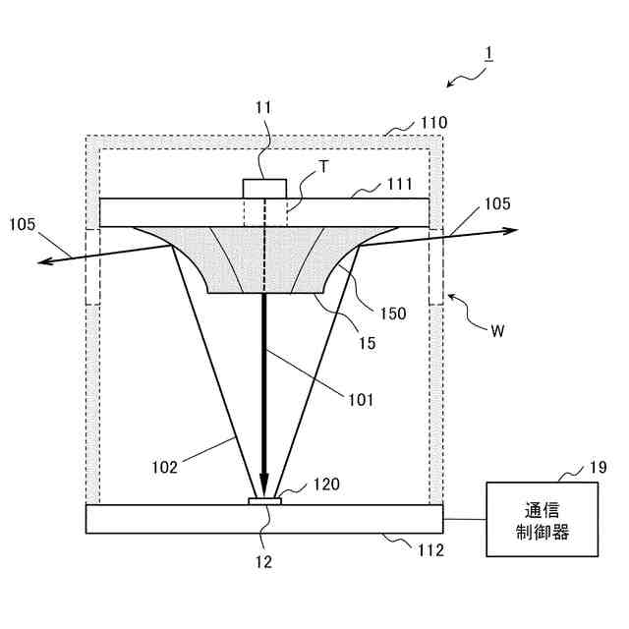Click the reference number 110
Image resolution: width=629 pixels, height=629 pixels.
432,123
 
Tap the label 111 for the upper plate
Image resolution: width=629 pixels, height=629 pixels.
398,184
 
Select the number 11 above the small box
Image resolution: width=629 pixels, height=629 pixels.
263,106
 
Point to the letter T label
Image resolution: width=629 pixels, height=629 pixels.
323,168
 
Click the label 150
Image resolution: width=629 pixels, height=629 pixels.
392,313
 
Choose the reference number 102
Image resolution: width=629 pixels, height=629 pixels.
165,467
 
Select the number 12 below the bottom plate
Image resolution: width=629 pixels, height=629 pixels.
263,562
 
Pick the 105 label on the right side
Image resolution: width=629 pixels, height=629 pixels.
496,204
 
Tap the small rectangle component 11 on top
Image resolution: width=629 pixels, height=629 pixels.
264,188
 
